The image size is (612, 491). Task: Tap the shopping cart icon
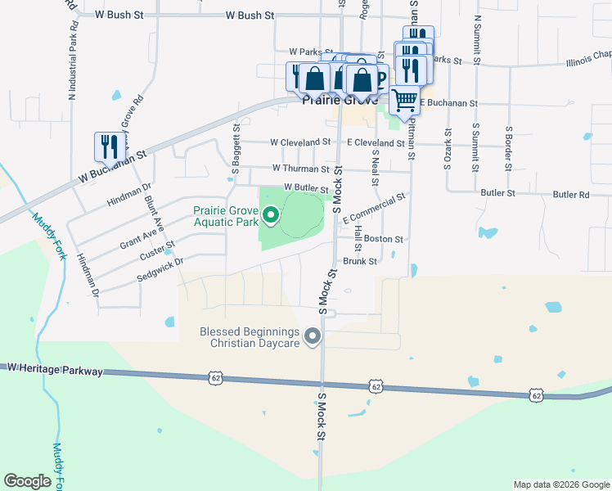405,99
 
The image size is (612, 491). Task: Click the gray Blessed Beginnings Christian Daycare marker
312,336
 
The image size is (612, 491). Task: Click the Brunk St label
360,262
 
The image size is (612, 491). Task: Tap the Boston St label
384,239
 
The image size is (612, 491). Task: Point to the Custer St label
158,250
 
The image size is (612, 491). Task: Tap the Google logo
27,481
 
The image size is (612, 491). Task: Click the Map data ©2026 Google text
560,484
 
